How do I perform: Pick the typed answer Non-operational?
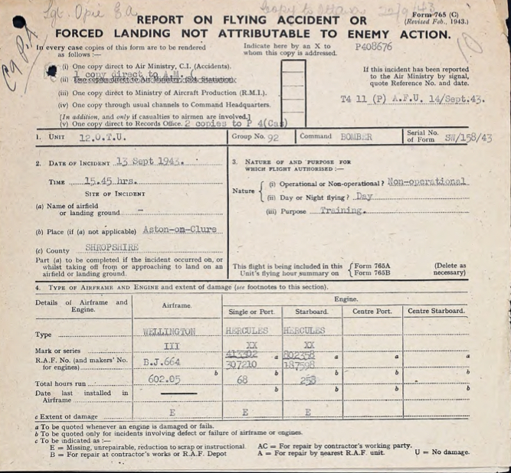(427, 182)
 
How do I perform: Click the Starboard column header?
(312, 312)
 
